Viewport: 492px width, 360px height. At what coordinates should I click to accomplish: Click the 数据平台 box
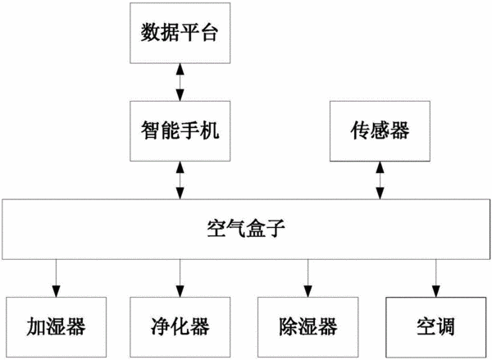click(180, 33)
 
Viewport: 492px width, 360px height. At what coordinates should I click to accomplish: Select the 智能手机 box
click(180, 131)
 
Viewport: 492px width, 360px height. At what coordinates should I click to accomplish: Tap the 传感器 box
click(380, 131)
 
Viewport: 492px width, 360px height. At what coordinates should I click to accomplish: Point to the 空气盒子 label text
click(246, 228)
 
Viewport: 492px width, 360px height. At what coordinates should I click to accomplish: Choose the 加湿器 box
click(57, 327)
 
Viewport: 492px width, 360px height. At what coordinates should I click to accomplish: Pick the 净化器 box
click(180, 327)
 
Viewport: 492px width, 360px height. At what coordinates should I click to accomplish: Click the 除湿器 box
click(307, 327)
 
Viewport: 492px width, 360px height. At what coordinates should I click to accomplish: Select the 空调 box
click(436, 327)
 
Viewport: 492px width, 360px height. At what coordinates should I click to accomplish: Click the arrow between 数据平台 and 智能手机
click(180, 82)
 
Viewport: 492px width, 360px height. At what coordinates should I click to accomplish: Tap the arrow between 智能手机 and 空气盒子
click(180, 180)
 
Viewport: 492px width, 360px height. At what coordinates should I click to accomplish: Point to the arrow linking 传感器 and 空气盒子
click(380, 180)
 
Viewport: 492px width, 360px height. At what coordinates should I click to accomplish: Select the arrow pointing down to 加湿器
click(57, 278)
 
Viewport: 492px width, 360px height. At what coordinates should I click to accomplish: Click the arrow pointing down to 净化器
click(180, 278)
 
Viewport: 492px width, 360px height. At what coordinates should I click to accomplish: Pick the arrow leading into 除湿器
click(307, 278)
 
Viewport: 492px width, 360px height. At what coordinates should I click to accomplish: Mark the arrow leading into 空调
click(436, 278)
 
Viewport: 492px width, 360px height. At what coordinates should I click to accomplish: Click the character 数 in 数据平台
click(150, 32)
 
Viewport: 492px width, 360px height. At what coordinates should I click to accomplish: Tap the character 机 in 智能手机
click(209, 130)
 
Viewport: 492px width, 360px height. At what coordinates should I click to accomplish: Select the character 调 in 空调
click(445, 326)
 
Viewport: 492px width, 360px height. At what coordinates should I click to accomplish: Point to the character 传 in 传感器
click(360, 130)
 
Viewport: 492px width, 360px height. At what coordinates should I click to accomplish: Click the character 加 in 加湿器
click(36, 326)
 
